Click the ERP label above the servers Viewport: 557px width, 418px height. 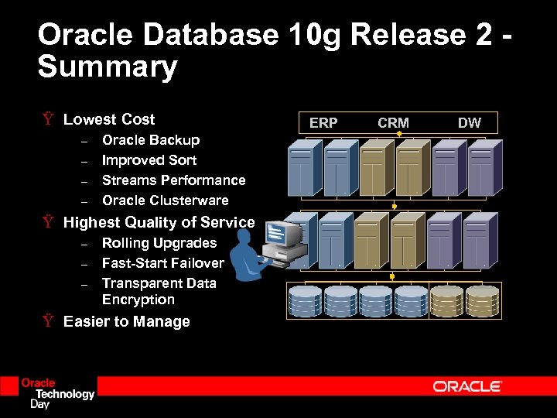[x=323, y=122]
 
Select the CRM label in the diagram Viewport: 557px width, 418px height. [x=393, y=122]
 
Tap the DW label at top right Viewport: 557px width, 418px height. [x=469, y=122]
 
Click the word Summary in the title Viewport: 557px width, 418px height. [x=108, y=67]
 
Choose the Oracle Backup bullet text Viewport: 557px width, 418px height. [x=151, y=140]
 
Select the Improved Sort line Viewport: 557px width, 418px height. [x=149, y=160]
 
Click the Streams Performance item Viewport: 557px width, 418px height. [x=173, y=180]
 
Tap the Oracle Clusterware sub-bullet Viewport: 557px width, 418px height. [x=165, y=200]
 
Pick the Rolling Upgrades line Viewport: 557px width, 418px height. [x=159, y=243]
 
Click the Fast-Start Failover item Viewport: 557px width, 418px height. [x=162, y=263]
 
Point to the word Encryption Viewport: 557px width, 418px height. [x=138, y=300]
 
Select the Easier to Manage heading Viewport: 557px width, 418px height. [x=126, y=321]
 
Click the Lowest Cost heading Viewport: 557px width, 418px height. [x=109, y=119]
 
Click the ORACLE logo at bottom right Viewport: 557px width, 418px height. [x=467, y=386]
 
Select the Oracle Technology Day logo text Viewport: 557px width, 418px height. [x=57, y=393]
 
